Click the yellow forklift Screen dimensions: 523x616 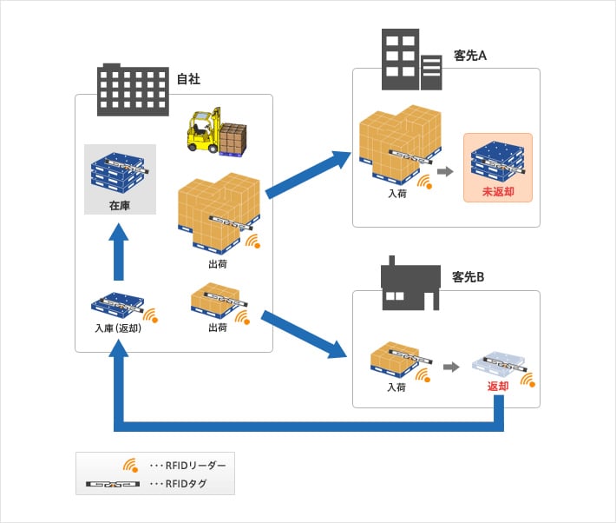[x=206, y=131]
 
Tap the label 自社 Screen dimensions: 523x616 [x=188, y=79]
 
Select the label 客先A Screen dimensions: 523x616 [x=470, y=56]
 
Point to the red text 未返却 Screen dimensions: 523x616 [x=497, y=190]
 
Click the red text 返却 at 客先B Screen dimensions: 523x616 [x=498, y=386]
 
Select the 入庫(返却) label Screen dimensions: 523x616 [x=118, y=328]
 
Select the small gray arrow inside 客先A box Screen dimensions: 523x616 [x=446, y=172]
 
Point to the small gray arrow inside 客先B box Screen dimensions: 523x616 [x=450, y=367]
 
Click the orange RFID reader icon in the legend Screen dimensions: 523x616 [x=130, y=465]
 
